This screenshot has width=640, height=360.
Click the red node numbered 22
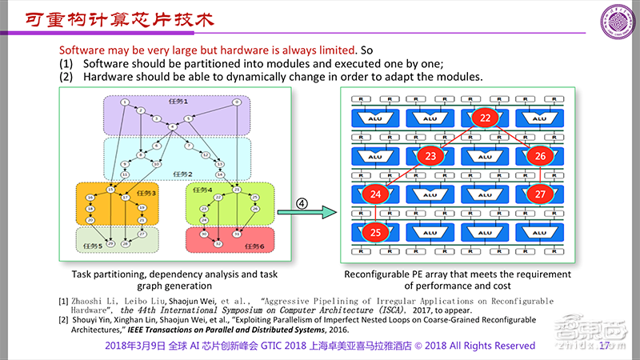point(486,118)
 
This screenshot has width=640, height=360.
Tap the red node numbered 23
point(431,156)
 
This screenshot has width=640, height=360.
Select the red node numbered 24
point(377,194)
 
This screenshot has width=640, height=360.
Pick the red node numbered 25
point(377,232)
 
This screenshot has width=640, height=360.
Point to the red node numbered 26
point(540,156)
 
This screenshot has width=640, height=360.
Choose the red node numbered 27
point(540,194)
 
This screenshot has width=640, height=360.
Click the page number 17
point(605,346)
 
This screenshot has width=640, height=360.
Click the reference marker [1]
point(63,301)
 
